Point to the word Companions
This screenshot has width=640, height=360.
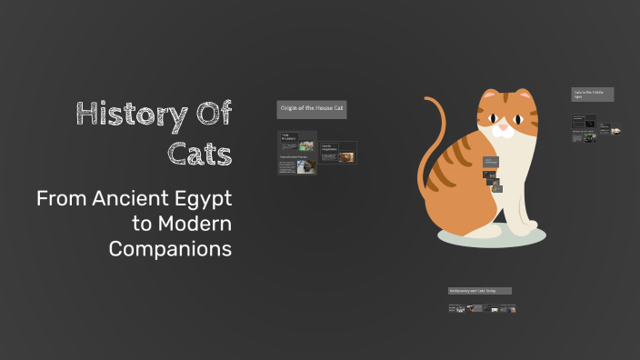pyautogui.click(x=170, y=248)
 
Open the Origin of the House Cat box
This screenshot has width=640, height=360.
pyautogui.click(x=311, y=109)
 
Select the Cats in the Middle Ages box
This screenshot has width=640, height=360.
pyautogui.click(x=592, y=94)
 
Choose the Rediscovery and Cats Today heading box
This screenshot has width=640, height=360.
pyautogui.click(x=479, y=291)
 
